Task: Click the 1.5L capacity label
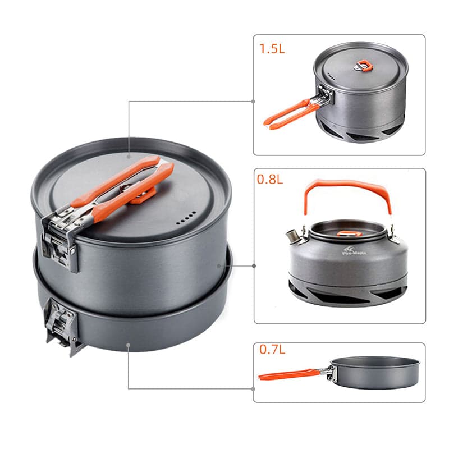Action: (x=272, y=48)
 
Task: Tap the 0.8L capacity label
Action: (x=271, y=181)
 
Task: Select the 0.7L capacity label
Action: (x=272, y=350)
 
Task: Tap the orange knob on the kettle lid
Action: (x=345, y=232)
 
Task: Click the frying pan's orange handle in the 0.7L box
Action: (x=289, y=373)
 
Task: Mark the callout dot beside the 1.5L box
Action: (x=253, y=102)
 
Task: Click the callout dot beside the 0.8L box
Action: (x=254, y=265)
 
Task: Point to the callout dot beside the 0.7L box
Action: (x=254, y=388)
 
